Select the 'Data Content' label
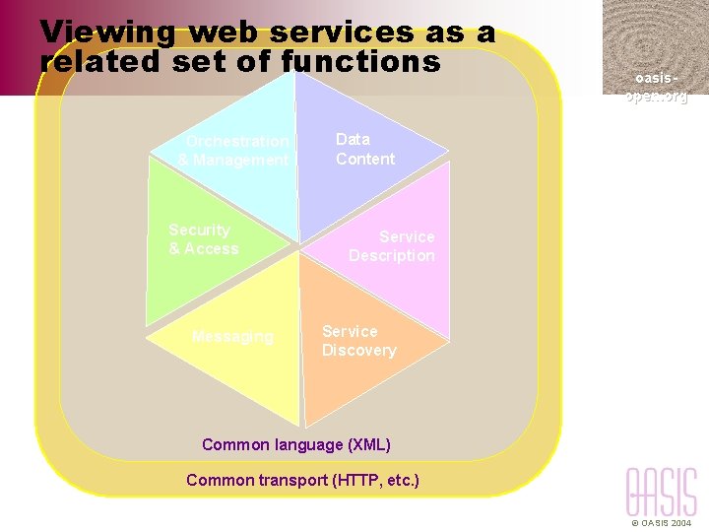click(364, 149)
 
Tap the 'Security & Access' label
click(203, 239)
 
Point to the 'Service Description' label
click(392, 246)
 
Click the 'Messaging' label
click(232, 337)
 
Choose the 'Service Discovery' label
click(358, 341)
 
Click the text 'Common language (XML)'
click(296, 444)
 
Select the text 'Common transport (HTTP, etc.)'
click(302, 480)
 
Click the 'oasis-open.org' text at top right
click(656, 87)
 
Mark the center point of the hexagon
click(298, 246)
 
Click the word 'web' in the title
click(224, 32)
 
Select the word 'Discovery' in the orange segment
click(358, 351)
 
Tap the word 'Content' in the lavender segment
click(364, 159)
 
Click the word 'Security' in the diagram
click(199, 230)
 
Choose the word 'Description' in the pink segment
click(392, 256)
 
